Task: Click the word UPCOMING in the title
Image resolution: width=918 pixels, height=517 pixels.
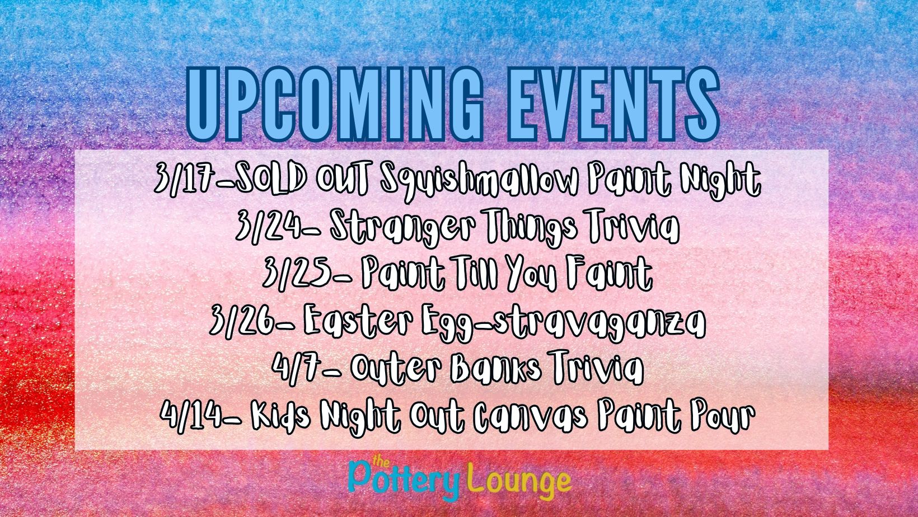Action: [335, 105]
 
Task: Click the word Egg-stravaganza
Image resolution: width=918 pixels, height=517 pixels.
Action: [562, 322]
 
